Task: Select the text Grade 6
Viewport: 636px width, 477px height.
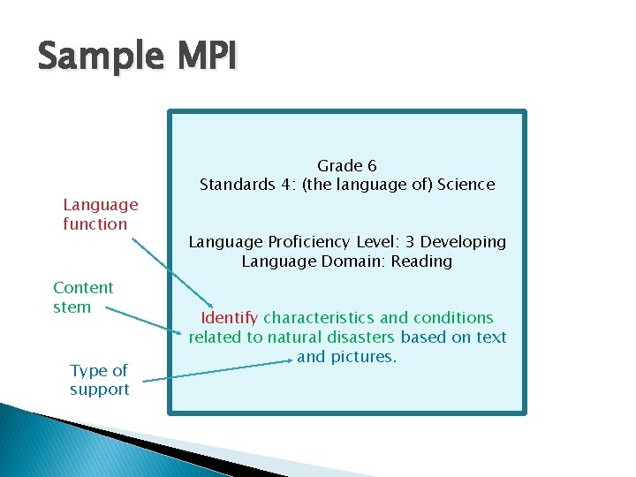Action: [x=347, y=166]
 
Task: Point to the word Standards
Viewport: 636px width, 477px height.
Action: [x=235, y=185]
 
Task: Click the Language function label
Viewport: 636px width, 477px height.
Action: [x=100, y=215]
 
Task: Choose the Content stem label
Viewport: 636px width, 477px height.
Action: [x=83, y=298]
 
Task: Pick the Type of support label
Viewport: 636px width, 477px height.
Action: [x=99, y=380]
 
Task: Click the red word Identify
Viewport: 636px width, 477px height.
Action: [x=230, y=318]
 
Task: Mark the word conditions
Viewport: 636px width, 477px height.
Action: [x=452, y=318]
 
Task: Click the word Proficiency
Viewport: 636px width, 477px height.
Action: [x=314, y=242]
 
